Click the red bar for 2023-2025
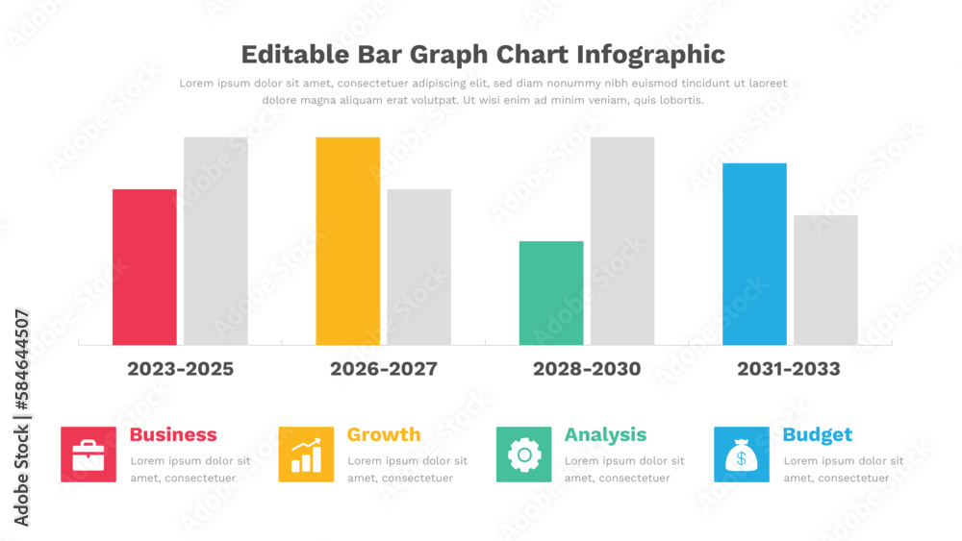tap(144, 267)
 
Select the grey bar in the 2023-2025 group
tap(215, 241)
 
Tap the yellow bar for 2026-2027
tap(347, 241)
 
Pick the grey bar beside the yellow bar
tap(418, 267)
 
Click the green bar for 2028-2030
tap(551, 293)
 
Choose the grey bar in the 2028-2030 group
tap(622, 241)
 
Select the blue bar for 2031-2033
tap(754, 254)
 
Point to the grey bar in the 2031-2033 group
tap(825, 280)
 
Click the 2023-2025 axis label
tap(180, 369)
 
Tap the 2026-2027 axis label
tap(383, 369)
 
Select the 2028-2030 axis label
tap(587, 369)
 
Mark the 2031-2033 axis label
tap(788, 369)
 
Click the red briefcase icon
tap(89, 455)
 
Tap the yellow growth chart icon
tap(306, 455)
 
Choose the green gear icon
tap(524, 455)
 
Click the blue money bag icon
tap(742, 455)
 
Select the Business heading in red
tap(173, 434)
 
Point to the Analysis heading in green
tap(605, 434)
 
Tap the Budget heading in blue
tap(818, 434)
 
